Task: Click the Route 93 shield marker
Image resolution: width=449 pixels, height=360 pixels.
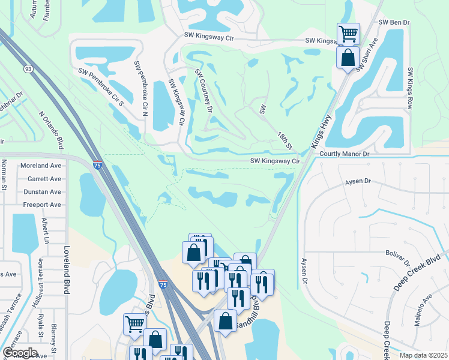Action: pyautogui.click(x=29, y=68)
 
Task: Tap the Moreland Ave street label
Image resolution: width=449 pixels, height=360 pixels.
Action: pyautogui.click(x=41, y=166)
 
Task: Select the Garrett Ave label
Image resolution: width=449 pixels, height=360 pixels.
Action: pyautogui.click(x=44, y=179)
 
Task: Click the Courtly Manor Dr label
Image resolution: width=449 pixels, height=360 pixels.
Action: pyautogui.click(x=344, y=154)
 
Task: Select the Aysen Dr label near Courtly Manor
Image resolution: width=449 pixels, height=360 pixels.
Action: pyautogui.click(x=359, y=181)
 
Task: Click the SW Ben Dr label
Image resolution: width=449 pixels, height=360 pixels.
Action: pyautogui.click(x=394, y=22)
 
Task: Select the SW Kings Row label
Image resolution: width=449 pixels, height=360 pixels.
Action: pyautogui.click(x=411, y=88)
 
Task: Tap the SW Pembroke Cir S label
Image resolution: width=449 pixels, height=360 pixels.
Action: pyautogui.click(x=100, y=86)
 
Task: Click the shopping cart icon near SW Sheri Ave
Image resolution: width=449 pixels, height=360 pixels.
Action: pyautogui.click(x=348, y=34)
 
